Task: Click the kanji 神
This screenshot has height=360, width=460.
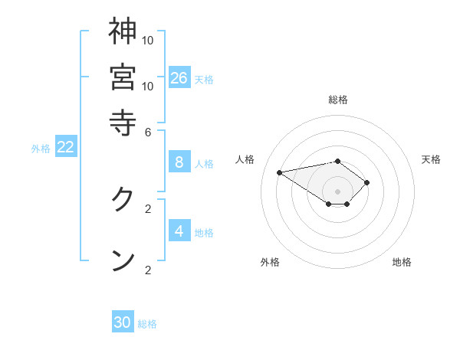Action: pyautogui.click(x=123, y=31)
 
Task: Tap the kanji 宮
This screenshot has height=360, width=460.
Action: pyautogui.click(x=123, y=77)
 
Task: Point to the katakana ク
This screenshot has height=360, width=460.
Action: pyautogui.click(x=123, y=200)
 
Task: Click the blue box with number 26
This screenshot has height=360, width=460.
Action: pyautogui.click(x=179, y=77)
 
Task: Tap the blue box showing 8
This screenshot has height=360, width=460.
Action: pyautogui.click(x=179, y=162)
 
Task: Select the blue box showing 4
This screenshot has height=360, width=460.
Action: pyautogui.click(x=179, y=231)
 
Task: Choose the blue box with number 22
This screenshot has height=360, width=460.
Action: pyautogui.click(x=65, y=147)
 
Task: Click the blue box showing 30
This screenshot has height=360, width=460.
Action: pyautogui.click(x=123, y=322)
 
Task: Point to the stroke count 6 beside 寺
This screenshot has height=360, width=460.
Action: pyautogui.click(x=148, y=131)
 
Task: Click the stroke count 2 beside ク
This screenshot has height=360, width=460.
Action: pyautogui.click(x=148, y=208)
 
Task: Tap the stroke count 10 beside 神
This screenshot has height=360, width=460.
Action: pyautogui.click(x=148, y=40)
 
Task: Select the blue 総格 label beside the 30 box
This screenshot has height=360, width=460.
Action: pyautogui.click(x=147, y=324)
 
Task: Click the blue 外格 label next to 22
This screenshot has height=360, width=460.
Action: pyautogui.click(x=40, y=149)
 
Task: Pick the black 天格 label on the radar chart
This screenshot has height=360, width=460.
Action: pyautogui.click(x=431, y=159)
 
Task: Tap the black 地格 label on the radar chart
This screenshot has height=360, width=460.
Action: pyautogui.click(x=402, y=262)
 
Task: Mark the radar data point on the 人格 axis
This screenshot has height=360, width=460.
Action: pyautogui.click(x=280, y=172)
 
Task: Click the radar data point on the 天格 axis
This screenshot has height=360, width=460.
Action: pyautogui.click(x=368, y=182)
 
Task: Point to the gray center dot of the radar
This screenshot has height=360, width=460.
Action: pyautogui.click(x=338, y=191)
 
